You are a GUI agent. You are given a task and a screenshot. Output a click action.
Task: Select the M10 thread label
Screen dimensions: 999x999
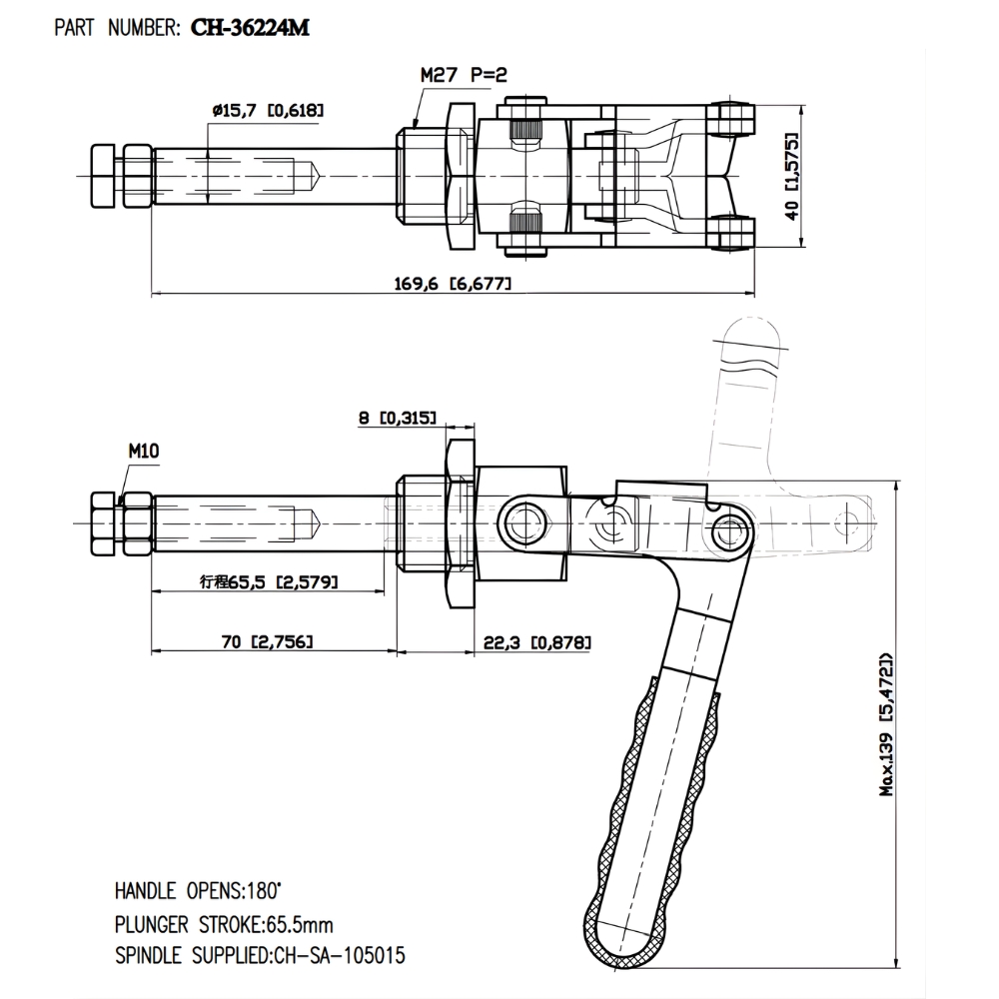click(x=143, y=451)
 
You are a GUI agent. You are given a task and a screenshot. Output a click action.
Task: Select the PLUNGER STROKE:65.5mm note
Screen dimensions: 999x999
click(x=238, y=922)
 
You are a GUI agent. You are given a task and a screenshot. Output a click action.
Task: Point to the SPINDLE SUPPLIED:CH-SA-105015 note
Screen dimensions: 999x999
click(x=260, y=955)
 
